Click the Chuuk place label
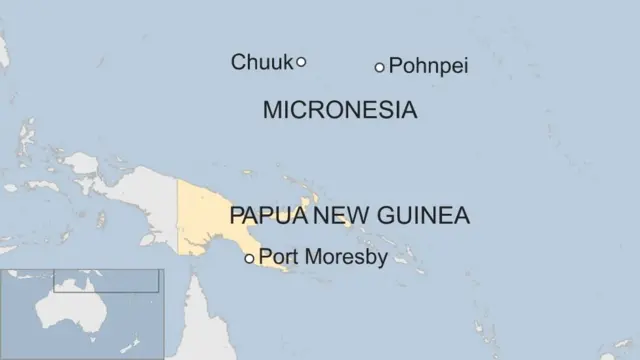click(x=262, y=63)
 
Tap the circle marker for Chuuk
click(x=301, y=62)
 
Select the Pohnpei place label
click(x=428, y=67)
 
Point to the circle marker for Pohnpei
click(x=379, y=67)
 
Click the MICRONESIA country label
click(x=339, y=110)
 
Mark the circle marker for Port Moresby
click(x=249, y=259)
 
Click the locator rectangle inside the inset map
click(x=104, y=279)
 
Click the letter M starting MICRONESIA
click(x=272, y=110)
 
